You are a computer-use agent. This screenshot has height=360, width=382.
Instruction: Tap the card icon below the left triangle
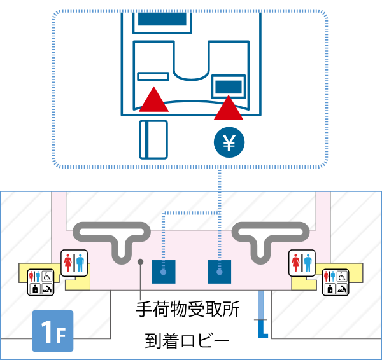pos(153,139)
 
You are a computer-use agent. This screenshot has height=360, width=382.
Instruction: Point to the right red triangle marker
pos(229,109)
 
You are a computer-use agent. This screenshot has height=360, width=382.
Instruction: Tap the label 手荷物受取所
pos(188,310)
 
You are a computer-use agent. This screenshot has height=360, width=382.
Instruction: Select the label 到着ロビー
pos(187,342)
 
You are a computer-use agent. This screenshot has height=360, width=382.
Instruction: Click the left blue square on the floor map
pos(163,272)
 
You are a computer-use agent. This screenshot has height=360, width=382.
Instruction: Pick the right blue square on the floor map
pos(219,272)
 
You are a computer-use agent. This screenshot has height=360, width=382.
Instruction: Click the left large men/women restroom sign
pos(75,263)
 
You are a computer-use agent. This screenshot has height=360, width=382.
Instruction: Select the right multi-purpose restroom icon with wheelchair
pos(336,282)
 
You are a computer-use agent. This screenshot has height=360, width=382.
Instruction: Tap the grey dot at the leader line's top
pos(139,261)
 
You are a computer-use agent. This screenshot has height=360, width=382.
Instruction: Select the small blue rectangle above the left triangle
pos(153,76)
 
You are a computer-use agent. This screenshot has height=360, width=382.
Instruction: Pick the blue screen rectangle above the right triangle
pos(228,85)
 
